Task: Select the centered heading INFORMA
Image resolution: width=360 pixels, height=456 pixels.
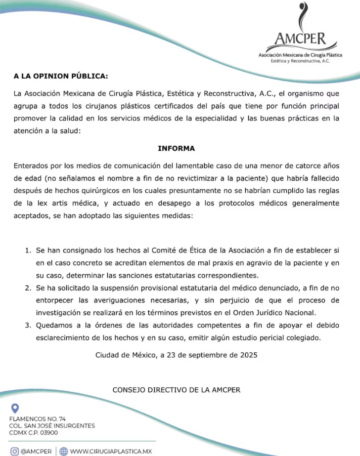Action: click(176, 148)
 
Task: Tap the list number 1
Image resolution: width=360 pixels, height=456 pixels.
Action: click(28, 251)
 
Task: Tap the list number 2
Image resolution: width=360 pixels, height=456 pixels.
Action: click(28, 288)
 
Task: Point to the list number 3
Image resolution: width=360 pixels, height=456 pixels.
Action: click(28, 325)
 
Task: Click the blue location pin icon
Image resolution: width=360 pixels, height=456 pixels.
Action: click(15, 408)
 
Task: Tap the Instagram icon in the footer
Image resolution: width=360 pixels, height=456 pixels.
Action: click(15, 451)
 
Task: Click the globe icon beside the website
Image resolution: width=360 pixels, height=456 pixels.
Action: click(63, 451)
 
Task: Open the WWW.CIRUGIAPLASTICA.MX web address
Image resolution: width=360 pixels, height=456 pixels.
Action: click(110, 451)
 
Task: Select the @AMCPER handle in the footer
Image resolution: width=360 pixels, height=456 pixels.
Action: click(37, 451)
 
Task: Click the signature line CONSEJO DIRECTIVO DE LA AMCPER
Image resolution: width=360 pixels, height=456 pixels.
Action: click(176, 390)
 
